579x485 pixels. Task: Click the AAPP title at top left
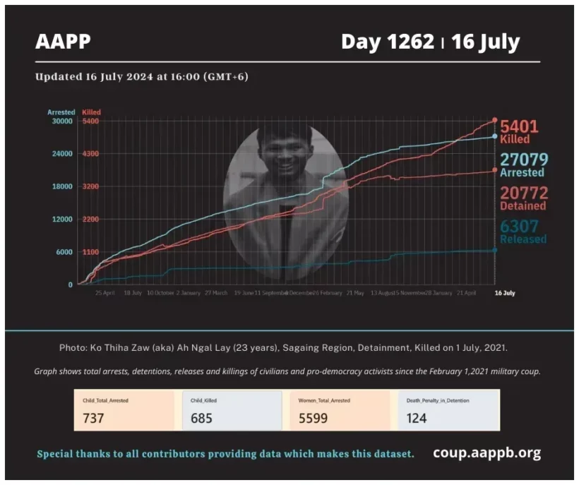pyautogui.click(x=63, y=42)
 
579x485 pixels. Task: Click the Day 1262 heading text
pyautogui.click(x=387, y=42)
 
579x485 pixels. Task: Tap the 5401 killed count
pyautogui.click(x=519, y=127)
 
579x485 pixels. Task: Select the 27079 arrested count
pyautogui.click(x=524, y=160)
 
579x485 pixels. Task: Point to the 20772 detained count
pyautogui.click(x=524, y=193)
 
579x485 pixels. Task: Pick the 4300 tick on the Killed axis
pyautogui.click(x=90, y=154)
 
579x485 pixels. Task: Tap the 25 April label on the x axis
pyautogui.click(x=105, y=292)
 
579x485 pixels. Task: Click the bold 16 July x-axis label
pyautogui.click(x=504, y=292)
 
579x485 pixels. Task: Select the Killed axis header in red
pyautogui.click(x=90, y=112)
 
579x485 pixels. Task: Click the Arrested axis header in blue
pyautogui.click(x=61, y=112)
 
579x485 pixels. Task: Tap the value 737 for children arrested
pyautogui.click(x=93, y=418)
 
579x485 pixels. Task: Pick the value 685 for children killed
pyautogui.click(x=201, y=418)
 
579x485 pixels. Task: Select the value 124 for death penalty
pyautogui.click(x=417, y=418)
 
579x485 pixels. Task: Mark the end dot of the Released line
pyautogui.click(x=494, y=250)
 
